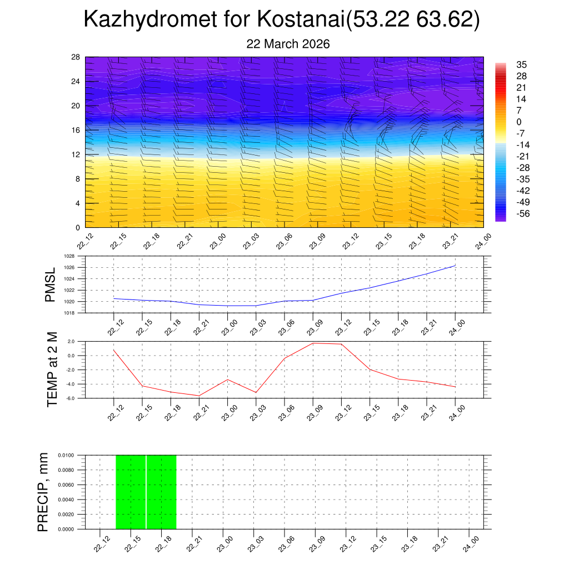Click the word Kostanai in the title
(301, 20)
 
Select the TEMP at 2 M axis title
(52, 369)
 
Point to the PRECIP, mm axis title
(43, 492)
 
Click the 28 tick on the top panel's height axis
(76, 57)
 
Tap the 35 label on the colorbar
(521, 64)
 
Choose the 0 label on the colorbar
(518, 122)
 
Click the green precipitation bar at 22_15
(131, 492)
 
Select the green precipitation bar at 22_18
(161, 492)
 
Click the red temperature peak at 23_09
(313, 343)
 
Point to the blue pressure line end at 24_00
(455, 266)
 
